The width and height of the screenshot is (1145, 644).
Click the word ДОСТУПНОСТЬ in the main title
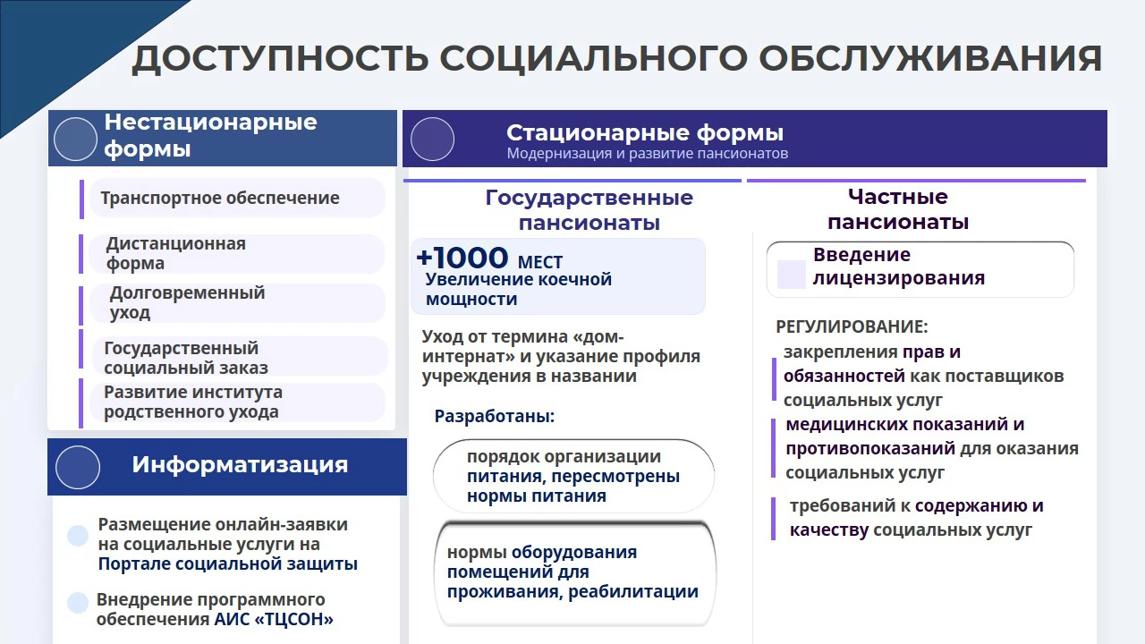click(x=280, y=59)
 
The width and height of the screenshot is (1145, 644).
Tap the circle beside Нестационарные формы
click(x=75, y=139)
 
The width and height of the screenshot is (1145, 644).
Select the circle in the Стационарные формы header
click(x=432, y=139)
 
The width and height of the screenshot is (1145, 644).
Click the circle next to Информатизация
click(x=78, y=467)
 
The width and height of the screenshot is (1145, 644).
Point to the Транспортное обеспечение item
click(x=220, y=198)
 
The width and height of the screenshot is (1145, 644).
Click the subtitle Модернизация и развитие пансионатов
click(x=647, y=153)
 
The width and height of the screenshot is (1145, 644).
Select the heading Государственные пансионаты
click(x=589, y=209)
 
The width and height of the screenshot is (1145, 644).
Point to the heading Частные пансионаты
click(x=898, y=209)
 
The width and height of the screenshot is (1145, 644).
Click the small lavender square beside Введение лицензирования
click(x=792, y=275)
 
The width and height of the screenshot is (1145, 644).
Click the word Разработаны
click(x=495, y=416)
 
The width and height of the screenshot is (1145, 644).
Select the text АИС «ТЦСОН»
click(x=274, y=619)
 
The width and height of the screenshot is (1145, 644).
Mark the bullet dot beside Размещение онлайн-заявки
click(x=78, y=536)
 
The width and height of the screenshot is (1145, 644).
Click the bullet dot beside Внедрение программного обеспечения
click(x=78, y=602)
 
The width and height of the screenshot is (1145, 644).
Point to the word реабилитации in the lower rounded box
click(x=633, y=592)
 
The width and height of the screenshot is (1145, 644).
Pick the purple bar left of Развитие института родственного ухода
click(x=81, y=402)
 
